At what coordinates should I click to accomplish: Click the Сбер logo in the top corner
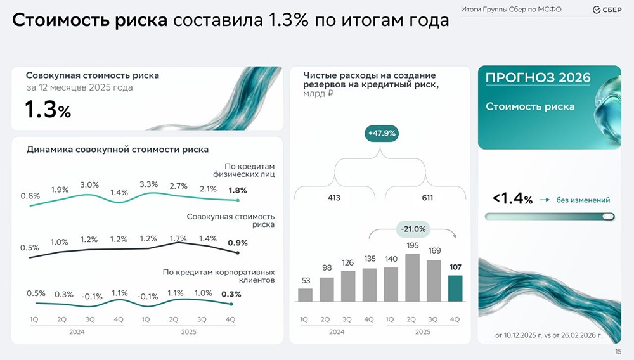[606, 10]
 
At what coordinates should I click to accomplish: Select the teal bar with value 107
[456, 288]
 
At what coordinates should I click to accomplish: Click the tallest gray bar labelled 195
[413, 278]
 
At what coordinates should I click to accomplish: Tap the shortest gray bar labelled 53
[305, 295]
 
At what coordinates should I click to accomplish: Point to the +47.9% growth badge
[381, 134]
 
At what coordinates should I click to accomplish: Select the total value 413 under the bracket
[334, 198]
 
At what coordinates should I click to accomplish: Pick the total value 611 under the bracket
[427, 198]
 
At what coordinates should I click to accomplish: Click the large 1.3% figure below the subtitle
[48, 110]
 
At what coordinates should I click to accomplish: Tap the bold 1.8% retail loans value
[238, 190]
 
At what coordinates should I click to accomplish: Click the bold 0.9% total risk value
[238, 243]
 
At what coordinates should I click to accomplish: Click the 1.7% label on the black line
[178, 238]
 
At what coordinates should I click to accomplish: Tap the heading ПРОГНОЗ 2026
[538, 78]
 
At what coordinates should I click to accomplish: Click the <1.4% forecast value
[512, 199]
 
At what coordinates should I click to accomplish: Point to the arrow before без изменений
[545, 200]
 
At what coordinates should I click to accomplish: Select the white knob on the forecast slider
[609, 217]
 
